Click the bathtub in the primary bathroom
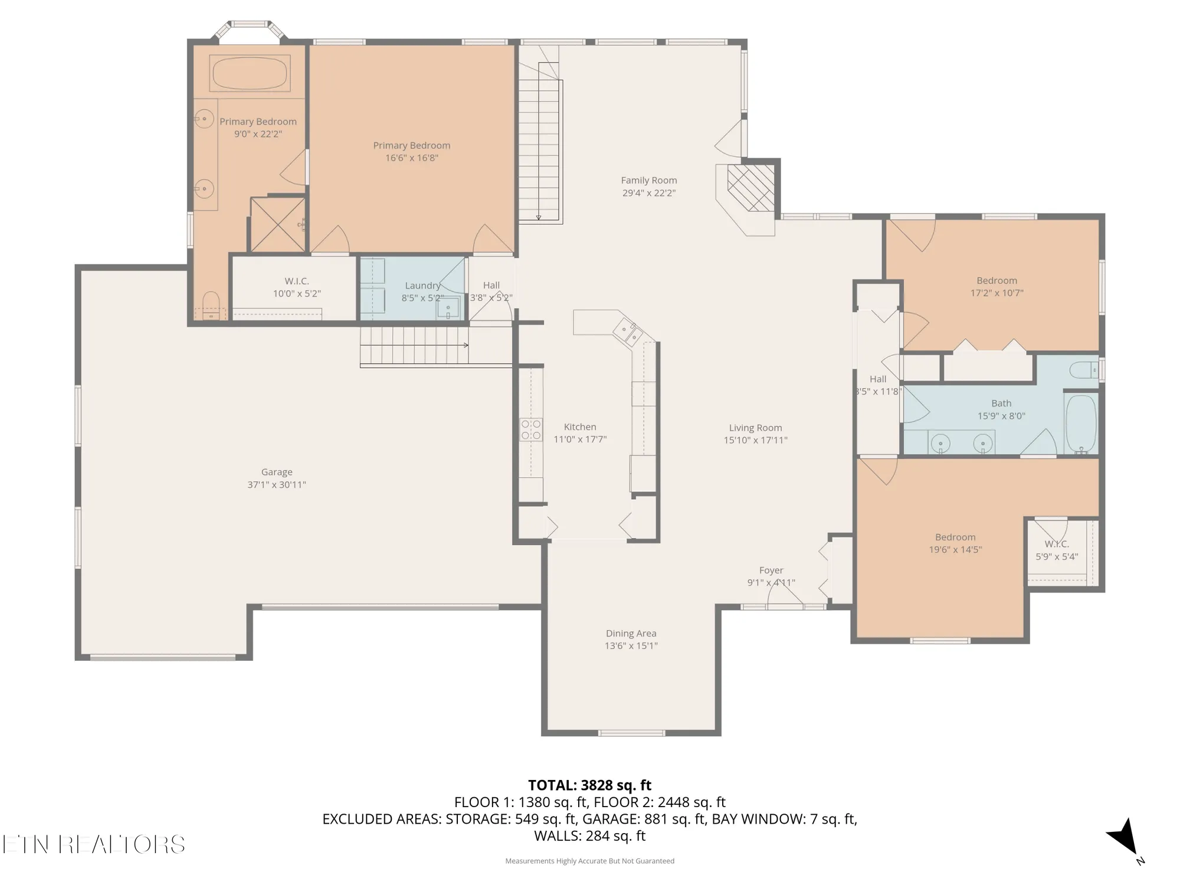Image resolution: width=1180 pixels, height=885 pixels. click(249, 73)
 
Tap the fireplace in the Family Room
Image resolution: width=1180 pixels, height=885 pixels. click(750, 188)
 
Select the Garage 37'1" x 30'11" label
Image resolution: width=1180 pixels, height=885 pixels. click(276, 478)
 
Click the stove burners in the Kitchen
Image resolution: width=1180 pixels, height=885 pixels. click(530, 430)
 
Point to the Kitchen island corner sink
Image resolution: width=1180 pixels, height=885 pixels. click(627, 332)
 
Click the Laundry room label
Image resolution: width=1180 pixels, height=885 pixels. click(422, 286)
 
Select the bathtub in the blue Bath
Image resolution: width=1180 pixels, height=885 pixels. click(1081, 423)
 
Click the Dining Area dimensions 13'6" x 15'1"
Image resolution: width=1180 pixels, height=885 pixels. click(631, 645)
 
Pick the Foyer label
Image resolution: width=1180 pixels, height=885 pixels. click(771, 571)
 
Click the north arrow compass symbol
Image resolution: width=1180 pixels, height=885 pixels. click(1124, 837)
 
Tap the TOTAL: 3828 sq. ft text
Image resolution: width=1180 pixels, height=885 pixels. click(589, 785)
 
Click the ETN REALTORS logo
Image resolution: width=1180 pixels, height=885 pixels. click(93, 844)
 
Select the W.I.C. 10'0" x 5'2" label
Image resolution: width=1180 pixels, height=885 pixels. click(297, 287)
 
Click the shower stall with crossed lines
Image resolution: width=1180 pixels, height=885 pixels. click(278, 225)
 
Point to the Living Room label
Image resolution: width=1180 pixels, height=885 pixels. click(755, 428)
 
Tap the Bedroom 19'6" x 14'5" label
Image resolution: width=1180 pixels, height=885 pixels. click(955, 543)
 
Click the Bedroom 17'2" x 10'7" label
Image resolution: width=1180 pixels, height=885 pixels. click(997, 287)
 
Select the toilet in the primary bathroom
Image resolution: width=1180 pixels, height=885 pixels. click(211, 305)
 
